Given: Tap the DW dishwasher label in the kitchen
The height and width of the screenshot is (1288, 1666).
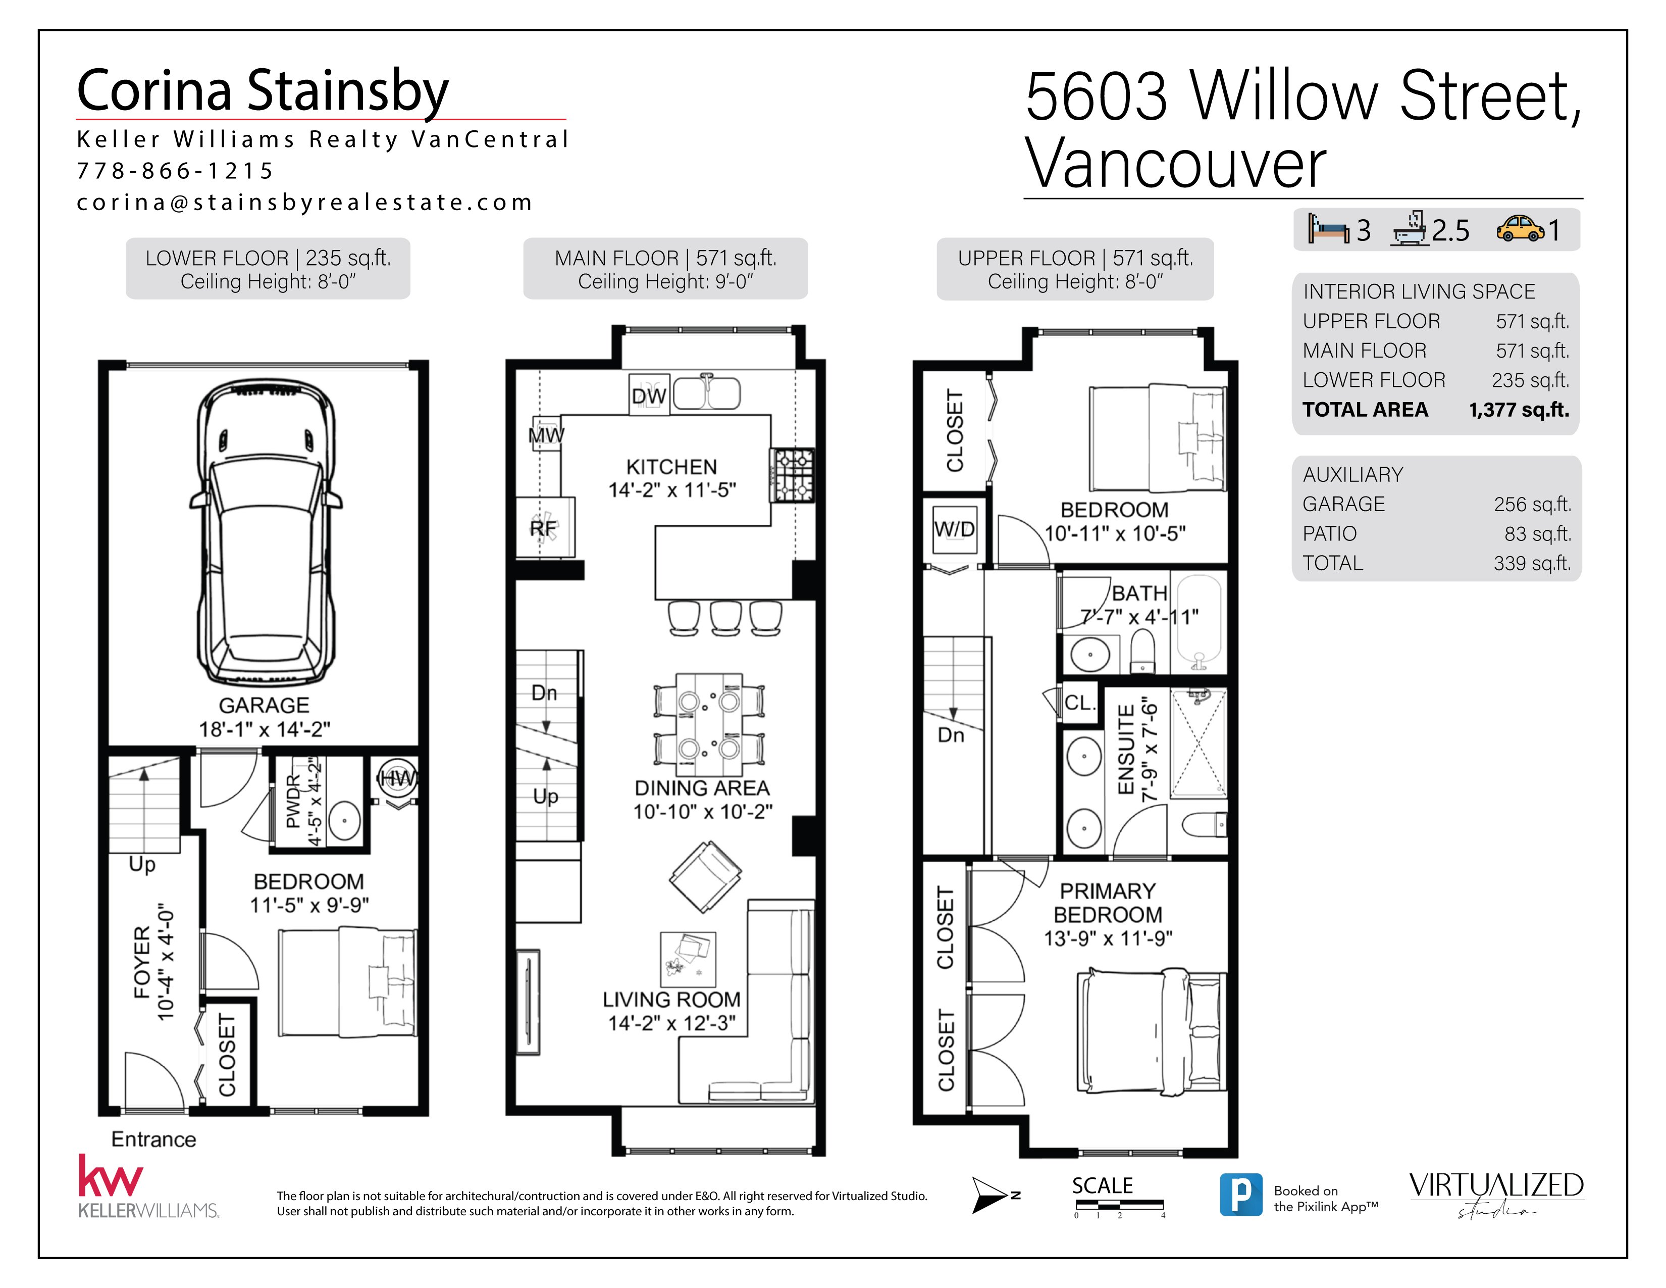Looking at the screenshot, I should click(648, 395).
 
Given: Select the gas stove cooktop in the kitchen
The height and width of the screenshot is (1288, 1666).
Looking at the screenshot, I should click(793, 475).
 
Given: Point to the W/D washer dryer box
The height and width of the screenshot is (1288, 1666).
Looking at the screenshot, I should click(954, 529).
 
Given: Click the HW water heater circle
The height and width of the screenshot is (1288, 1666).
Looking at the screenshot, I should click(397, 778).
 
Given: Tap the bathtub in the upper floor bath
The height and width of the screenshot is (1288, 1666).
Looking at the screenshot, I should click(1199, 621).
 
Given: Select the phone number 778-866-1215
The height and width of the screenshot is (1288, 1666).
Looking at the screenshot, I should click(175, 171).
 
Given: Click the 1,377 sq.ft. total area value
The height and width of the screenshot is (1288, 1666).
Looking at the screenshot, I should click(1518, 410).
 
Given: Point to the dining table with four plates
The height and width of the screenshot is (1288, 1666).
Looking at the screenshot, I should click(709, 719).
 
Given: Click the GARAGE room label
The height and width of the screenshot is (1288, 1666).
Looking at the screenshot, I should click(264, 705).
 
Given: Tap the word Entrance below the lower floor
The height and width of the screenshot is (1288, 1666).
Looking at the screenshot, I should click(153, 1139).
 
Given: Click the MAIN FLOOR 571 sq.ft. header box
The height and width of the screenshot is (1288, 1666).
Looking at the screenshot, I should click(665, 269).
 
